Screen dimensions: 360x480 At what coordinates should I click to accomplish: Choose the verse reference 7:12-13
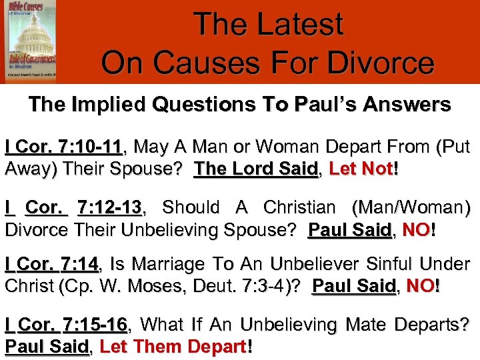point(110,208)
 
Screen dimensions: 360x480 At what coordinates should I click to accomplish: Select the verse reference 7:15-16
point(94,325)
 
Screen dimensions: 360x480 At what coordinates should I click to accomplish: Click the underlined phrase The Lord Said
point(255,168)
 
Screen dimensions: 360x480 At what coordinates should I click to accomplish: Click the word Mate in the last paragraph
point(364,325)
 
